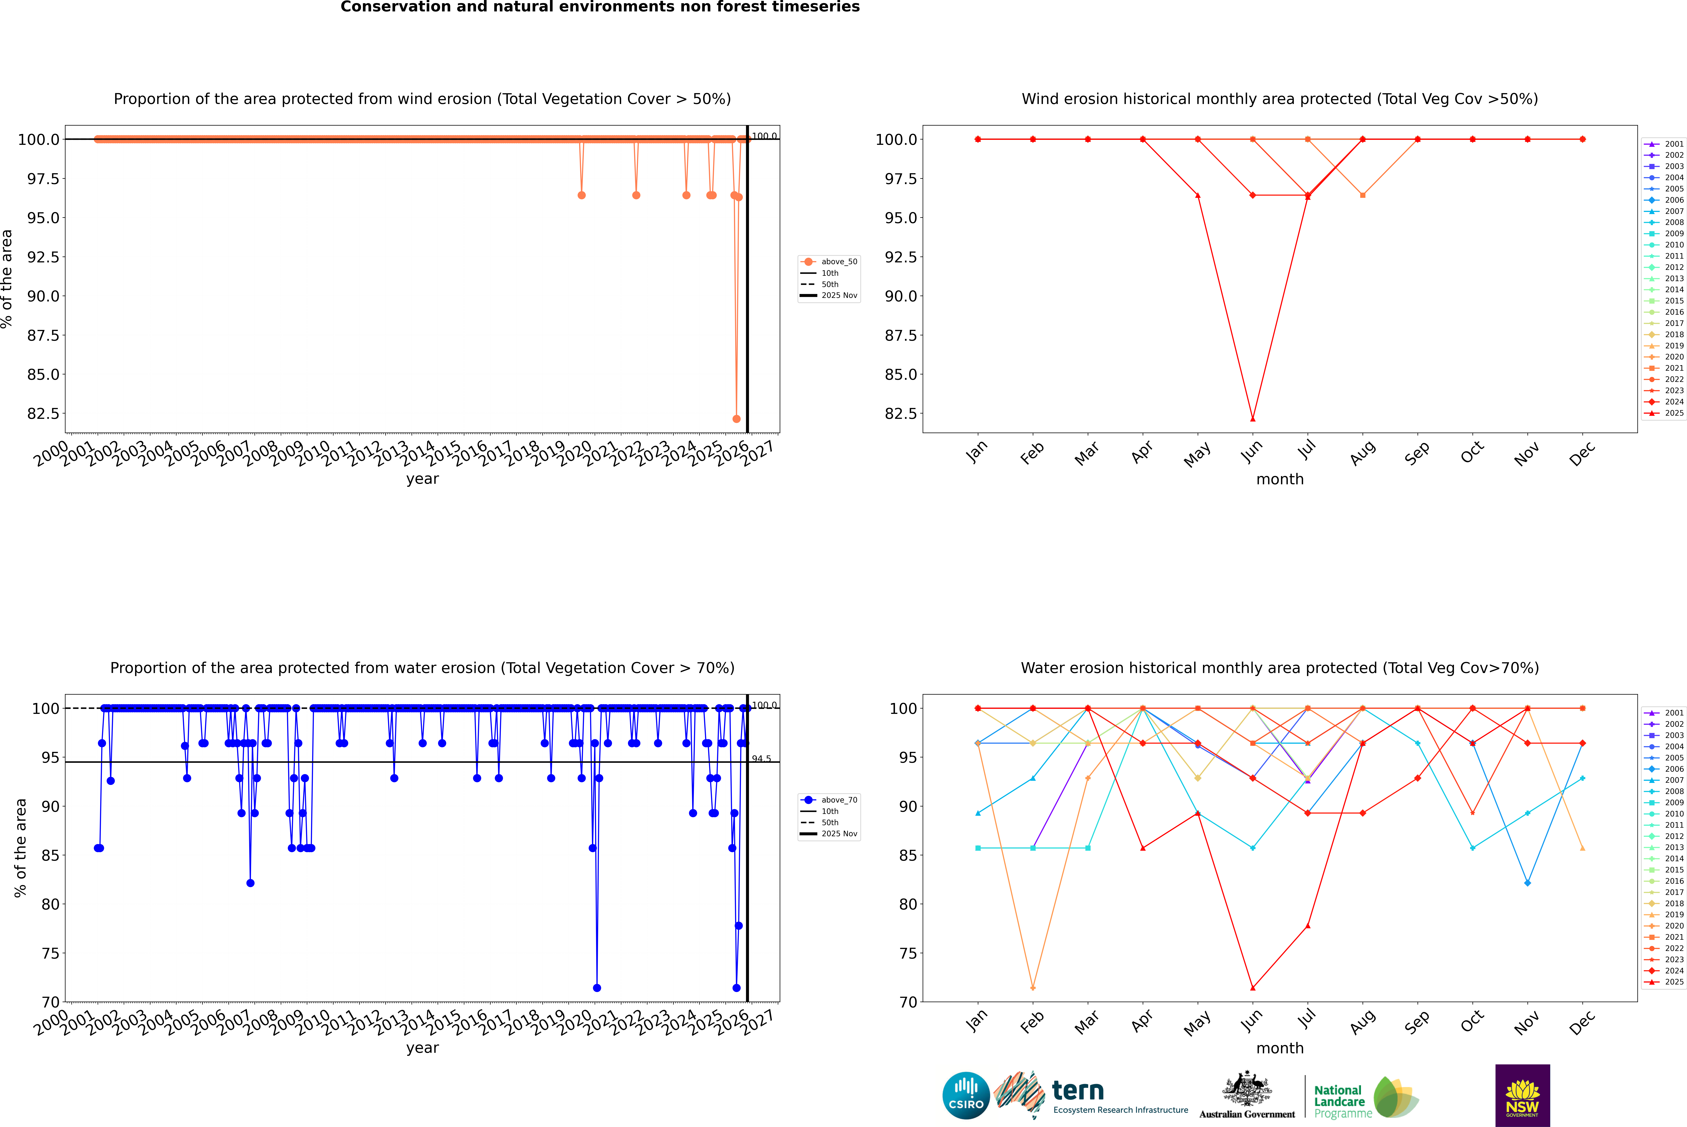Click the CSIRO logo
(x=966, y=1095)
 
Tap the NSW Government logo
(x=1522, y=1095)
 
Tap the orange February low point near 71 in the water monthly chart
(x=1033, y=988)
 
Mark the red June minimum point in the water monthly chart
(x=1253, y=988)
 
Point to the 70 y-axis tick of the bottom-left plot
(x=50, y=1002)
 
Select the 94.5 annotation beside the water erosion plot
(x=761, y=759)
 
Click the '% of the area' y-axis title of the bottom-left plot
(x=20, y=848)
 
